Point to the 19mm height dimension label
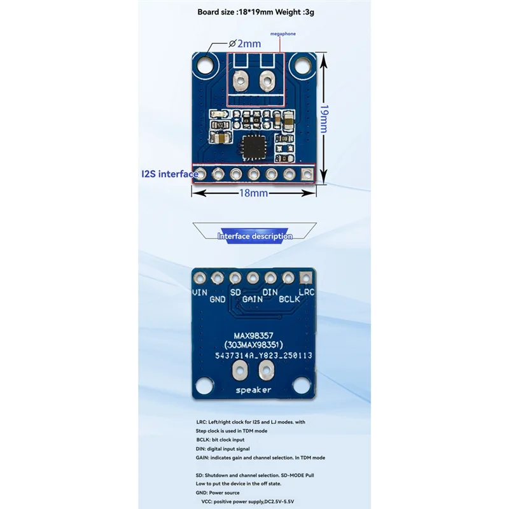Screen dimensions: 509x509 coord(324,120)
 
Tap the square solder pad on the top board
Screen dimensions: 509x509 coord(308,173)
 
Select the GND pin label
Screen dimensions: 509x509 coord(218,298)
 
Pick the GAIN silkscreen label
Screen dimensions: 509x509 coord(253,298)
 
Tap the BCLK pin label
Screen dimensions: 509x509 coord(289,298)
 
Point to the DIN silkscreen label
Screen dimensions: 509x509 coord(271,292)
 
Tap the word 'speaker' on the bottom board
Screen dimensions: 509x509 coord(253,389)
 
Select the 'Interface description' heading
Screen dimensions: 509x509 coord(254,236)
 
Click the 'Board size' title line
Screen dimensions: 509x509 coord(254,11)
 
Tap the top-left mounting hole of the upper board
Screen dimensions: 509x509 coord(206,64)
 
